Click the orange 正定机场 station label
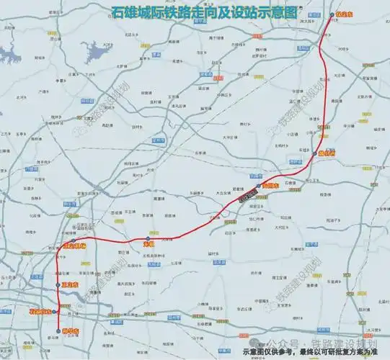[x=74, y=246]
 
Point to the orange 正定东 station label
[x=70, y=285]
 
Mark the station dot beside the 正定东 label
[x=59, y=286]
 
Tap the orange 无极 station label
[x=141, y=245]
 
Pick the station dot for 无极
[x=148, y=238]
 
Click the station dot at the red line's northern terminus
[x=332, y=14]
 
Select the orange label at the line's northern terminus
[x=344, y=14]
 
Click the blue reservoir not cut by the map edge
[x=94, y=50]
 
